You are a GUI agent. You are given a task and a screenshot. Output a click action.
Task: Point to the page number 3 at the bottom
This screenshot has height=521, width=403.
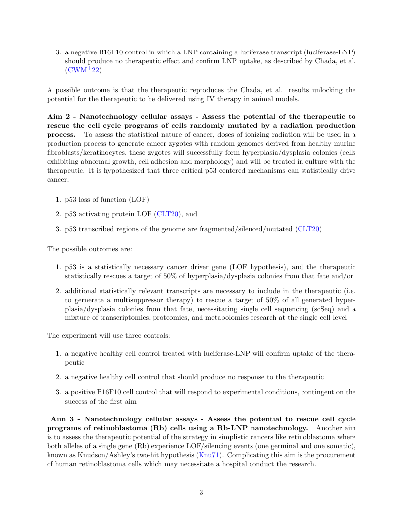(x=201, y=492)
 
